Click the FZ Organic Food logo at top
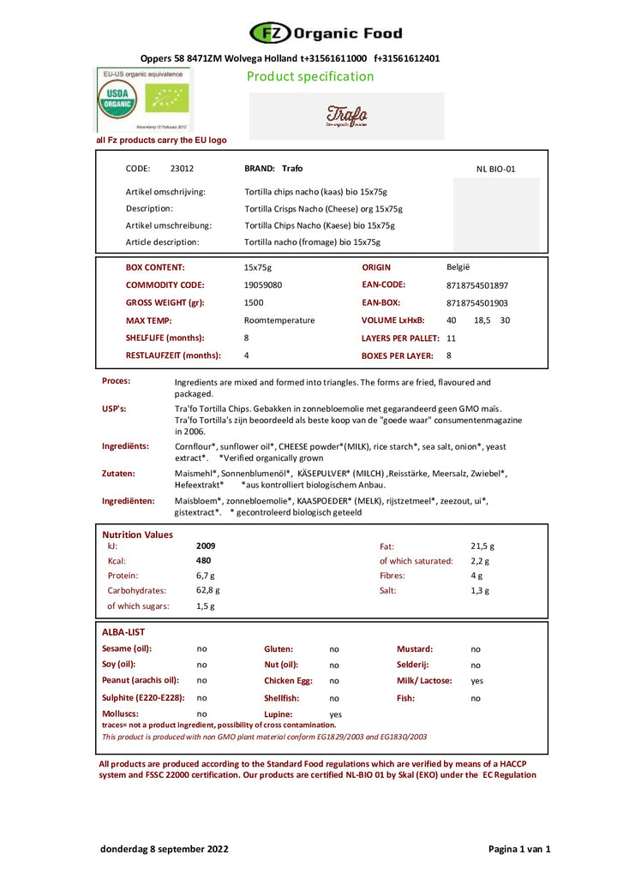[x=326, y=33]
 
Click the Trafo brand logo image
[x=346, y=116]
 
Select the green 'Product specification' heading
[x=310, y=76]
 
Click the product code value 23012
[x=182, y=169]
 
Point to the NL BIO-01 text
[x=496, y=169]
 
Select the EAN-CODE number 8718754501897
[x=477, y=285]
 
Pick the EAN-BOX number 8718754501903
[x=477, y=302]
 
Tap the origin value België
[x=458, y=267]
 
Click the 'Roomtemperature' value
[x=279, y=320]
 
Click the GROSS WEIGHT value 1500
[x=254, y=302]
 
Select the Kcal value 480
[x=204, y=561]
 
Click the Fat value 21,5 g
[x=482, y=546]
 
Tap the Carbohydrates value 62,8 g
[x=207, y=590]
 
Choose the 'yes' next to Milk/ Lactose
[x=477, y=681]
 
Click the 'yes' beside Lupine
[x=335, y=714]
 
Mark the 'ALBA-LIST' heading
[x=123, y=632]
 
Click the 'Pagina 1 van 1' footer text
[x=519, y=849]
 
